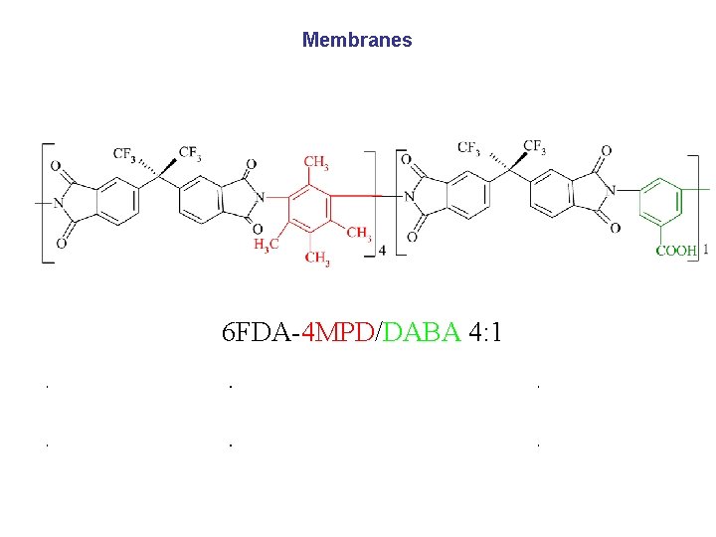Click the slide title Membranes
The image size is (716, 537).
tap(357, 41)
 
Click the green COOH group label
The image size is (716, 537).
tap(675, 251)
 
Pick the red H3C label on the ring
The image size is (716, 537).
tap(267, 244)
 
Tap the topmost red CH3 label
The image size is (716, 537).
tap(316, 161)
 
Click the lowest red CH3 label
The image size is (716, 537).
tap(317, 259)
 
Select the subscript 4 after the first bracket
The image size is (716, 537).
tap(383, 251)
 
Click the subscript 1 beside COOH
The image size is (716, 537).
tap(705, 250)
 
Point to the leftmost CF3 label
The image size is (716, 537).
tap(125, 154)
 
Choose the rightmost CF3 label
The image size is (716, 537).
tap(534, 147)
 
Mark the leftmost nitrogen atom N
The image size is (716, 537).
tap(58, 205)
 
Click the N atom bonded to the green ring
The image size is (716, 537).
tap(614, 190)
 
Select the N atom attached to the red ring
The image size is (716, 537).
tap(261, 197)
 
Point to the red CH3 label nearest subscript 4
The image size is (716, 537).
tap(359, 235)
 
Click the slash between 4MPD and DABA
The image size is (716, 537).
tap(377, 331)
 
